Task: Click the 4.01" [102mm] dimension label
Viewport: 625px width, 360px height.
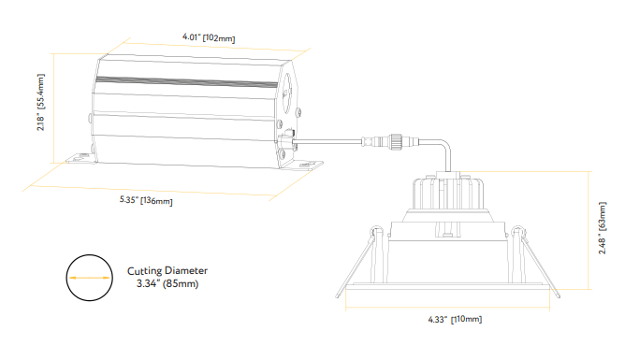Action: (208, 38)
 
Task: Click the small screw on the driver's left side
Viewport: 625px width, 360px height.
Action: (87, 120)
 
